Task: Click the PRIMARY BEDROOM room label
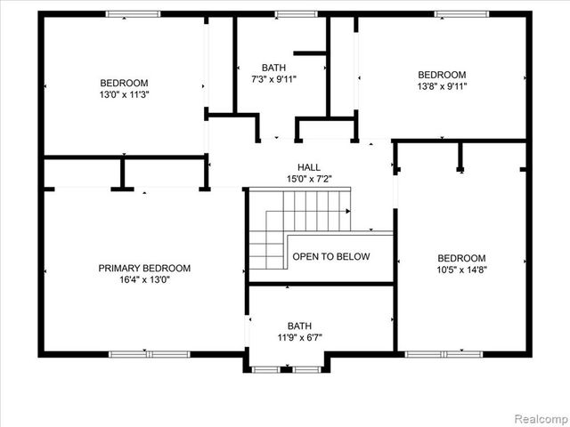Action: click(144, 268)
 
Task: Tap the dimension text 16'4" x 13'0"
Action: click(144, 279)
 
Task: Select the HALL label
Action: click(309, 167)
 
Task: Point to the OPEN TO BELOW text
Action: click(331, 256)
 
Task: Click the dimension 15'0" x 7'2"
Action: click(309, 179)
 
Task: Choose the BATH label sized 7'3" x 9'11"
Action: click(273, 68)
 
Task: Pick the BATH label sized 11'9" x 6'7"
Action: click(299, 326)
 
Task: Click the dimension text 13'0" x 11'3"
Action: click(124, 93)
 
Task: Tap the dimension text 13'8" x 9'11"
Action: click(443, 86)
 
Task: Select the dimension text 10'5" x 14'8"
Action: click(461, 270)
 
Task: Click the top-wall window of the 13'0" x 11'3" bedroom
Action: click(133, 14)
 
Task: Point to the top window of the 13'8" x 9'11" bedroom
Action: click(460, 14)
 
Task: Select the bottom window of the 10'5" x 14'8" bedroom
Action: click(444, 354)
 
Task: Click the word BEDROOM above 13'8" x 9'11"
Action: click(443, 75)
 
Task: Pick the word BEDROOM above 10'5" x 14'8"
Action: click(461, 258)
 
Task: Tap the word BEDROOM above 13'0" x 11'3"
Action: click(124, 82)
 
